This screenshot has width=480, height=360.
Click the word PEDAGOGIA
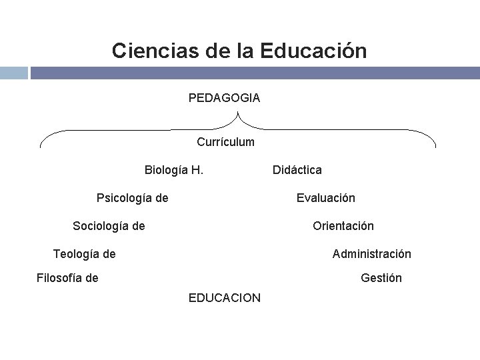pyautogui.click(x=224, y=98)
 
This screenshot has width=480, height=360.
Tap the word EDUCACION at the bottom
pyautogui.click(x=225, y=297)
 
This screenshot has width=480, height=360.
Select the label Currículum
pyautogui.click(x=225, y=141)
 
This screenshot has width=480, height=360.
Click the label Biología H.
pyautogui.click(x=174, y=169)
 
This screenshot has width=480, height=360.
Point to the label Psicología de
pyautogui.click(x=132, y=197)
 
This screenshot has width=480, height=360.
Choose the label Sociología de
pyautogui.click(x=109, y=226)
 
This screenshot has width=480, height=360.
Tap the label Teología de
pyautogui.click(x=84, y=253)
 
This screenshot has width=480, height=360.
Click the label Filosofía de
pyautogui.click(x=67, y=278)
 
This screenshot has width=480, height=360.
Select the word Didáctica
pyautogui.click(x=297, y=170)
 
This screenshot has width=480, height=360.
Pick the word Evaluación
pyautogui.click(x=326, y=197)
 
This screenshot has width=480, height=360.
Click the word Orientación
pyautogui.click(x=343, y=226)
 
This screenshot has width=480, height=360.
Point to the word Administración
pyautogui.click(x=371, y=253)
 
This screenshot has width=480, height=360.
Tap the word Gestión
pyautogui.click(x=381, y=278)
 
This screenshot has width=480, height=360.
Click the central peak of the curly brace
pyautogui.click(x=238, y=113)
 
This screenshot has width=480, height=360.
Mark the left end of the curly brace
pyautogui.click(x=41, y=146)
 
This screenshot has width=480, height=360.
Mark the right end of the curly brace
pyautogui.click(x=435, y=146)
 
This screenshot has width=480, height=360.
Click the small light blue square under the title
pyautogui.click(x=13, y=73)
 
